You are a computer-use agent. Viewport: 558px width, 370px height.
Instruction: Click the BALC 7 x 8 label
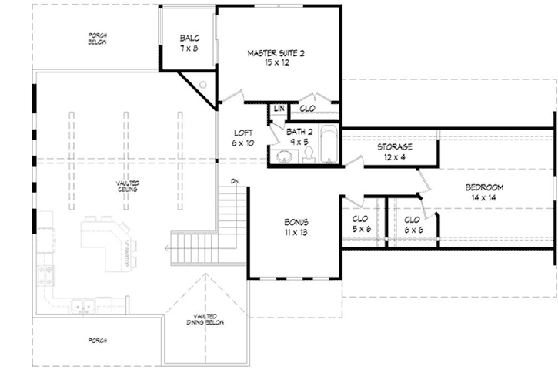click(189, 42)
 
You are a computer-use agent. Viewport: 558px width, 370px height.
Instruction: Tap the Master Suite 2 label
click(276, 58)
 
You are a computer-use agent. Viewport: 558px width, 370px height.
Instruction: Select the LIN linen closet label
click(279, 108)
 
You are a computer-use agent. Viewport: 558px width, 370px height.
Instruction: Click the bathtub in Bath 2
click(329, 144)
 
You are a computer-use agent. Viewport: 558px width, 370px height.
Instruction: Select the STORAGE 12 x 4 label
click(395, 151)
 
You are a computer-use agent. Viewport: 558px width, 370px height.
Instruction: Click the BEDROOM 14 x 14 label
click(484, 193)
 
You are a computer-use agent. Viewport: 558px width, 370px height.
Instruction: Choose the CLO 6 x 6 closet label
click(413, 224)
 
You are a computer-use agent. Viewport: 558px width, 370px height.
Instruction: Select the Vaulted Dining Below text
click(205, 325)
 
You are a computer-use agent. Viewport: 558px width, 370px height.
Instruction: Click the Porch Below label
click(96, 39)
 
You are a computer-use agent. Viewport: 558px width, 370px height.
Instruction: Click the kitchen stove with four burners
click(44, 274)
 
